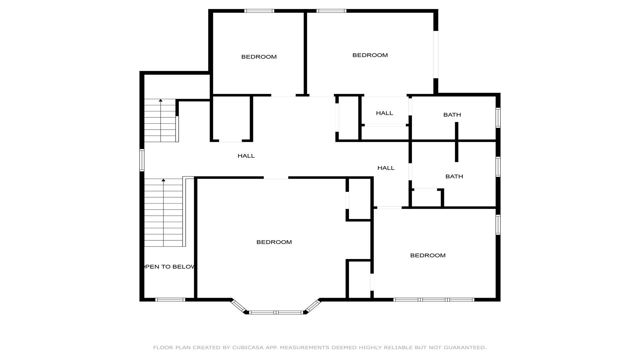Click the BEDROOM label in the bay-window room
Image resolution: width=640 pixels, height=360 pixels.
(x=274, y=242)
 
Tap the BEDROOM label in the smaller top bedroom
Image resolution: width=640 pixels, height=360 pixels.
(x=259, y=57)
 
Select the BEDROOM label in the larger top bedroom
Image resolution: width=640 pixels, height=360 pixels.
(x=370, y=55)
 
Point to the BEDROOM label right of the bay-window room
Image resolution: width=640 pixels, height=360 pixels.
(x=428, y=255)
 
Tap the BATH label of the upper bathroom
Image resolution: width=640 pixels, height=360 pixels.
(x=452, y=115)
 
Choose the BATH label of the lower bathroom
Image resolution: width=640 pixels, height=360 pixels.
(x=454, y=176)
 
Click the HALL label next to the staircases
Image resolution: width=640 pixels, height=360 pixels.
(x=246, y=156)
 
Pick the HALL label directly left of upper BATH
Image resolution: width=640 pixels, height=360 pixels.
(x=384, y=113)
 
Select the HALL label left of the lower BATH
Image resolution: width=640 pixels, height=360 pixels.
(x=386, y=168)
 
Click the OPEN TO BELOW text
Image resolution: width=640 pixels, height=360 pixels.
(x=169, y=267)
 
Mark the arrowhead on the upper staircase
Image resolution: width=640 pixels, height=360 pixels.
(x=161, y=100)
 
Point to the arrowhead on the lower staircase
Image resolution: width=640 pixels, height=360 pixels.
(x=163, y=180)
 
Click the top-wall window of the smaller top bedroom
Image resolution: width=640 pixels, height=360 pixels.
(x=259, y=11)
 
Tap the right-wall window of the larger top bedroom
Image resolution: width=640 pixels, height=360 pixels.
(x=436, y=55)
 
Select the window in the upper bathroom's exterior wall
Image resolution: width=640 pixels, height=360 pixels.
(x=498, y=118)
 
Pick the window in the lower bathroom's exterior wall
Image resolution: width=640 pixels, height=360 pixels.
(x=498, y=167)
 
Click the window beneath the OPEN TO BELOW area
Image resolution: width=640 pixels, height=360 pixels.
(x=170, y=300)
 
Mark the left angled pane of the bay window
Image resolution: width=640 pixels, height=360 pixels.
(x=238, y=306)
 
